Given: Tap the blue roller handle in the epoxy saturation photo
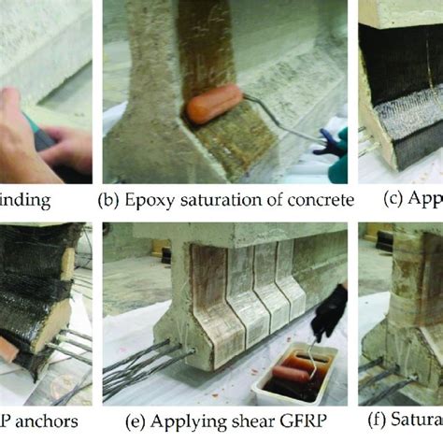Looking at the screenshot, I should pos(328,142).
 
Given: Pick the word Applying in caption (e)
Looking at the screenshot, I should pos(169,421).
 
